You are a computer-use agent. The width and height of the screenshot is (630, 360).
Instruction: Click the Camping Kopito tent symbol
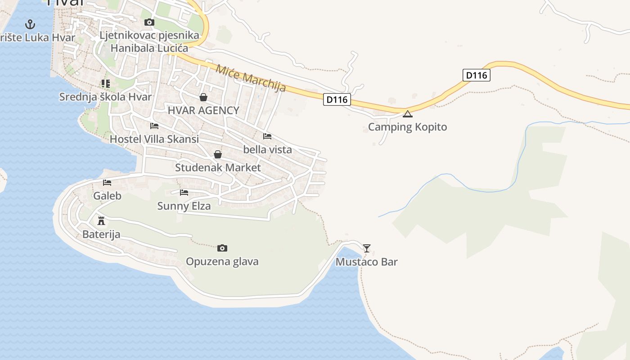click(x=407, y=114)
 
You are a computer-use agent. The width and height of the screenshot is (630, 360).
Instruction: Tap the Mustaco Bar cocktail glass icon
click(x=367, y=248)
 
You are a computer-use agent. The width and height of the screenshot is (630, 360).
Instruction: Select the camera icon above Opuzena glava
click(x=222, y=248)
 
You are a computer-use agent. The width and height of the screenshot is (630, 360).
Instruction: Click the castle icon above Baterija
click(x=101, y=220)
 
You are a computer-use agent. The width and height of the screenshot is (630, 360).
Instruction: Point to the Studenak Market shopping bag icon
click(x=218, y=154)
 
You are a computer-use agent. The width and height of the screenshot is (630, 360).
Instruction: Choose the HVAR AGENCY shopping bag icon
click(x=203, y=97)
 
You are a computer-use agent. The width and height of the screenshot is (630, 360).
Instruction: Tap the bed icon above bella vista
click(x=267, y=136)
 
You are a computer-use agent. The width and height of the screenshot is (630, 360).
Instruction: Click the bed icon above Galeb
click(x=107, y=182)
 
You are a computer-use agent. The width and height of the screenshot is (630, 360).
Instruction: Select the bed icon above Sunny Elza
click(x=184, y=193)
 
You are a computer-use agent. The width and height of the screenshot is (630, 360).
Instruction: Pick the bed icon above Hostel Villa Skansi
click(x=154, y=126)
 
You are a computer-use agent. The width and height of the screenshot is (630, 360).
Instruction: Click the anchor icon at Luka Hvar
click(x=30, y=24)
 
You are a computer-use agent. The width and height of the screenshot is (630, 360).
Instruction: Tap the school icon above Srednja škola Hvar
click(x=105, y=83)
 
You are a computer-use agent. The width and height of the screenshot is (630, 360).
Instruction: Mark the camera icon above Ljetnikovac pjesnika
click(x=149, y=22)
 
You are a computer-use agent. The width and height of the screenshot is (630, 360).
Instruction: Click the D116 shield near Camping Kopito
click(x=476, y=75)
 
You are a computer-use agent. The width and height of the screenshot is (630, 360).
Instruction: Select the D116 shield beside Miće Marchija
click(x=337, y=99)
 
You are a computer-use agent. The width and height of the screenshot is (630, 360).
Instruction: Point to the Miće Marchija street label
click(x=251, y=78)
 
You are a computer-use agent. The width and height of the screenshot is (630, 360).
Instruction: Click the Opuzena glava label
click(x=222, y=261)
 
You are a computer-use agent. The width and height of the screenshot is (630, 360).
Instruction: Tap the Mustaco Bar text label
click(x=367, y=262)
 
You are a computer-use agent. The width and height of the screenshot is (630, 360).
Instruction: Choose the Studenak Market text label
click(x=218, y=167)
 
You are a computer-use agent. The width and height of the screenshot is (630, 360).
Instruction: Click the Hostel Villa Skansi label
click(x=154, y=139)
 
